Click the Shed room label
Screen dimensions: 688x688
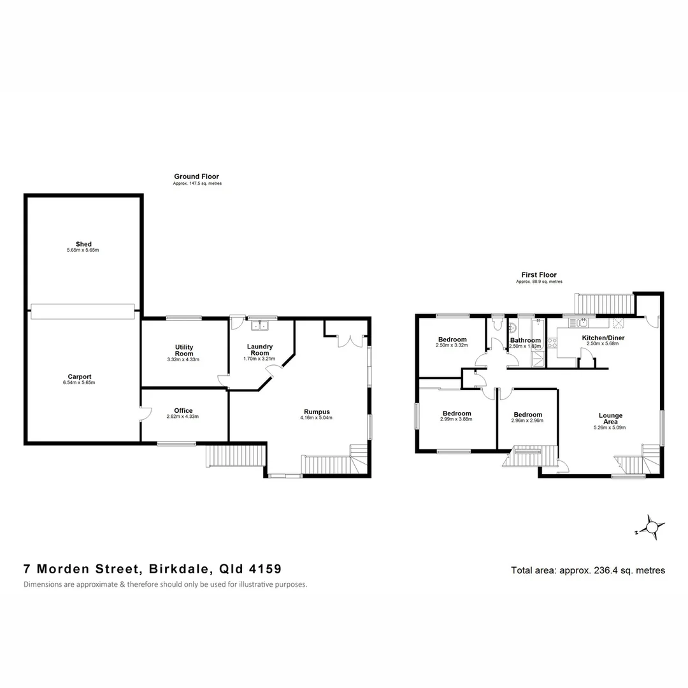(x=83, y=244)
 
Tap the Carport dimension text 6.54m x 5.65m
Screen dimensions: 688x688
(x=83, y=383)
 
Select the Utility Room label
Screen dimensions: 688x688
(x=184, y=350)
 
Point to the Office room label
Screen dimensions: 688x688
(x=183, y=411)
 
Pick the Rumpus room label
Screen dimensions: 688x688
(x=316, y=411)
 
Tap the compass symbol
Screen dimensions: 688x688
(x=652, y=527)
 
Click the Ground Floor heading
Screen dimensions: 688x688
(x=196, y=176)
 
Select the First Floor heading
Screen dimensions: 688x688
(x=538, y=275)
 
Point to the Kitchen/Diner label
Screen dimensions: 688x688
(x=603, y=338)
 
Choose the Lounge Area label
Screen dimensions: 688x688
(x=610, y=419)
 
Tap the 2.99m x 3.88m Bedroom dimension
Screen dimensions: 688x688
(x=457, y=420)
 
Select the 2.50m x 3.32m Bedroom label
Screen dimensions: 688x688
(x=452, y=340)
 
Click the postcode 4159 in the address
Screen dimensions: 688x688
(x=264, y=569)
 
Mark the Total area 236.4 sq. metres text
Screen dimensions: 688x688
(x=587, y=570)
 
